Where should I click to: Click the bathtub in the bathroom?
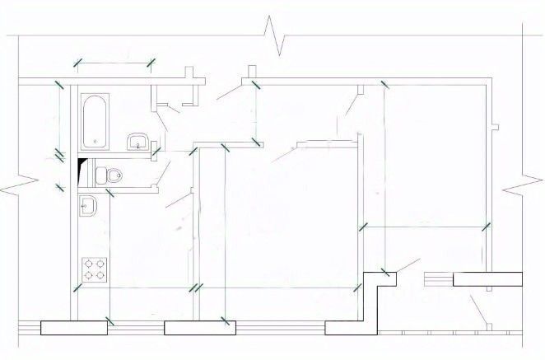click(x=95, y=119)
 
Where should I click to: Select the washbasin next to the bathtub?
click(x=137, y=142)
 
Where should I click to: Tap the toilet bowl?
click(x=110, y=175)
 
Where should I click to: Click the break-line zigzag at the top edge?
click(x=273, y=35)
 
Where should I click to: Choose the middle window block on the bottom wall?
click(x=195, y=327)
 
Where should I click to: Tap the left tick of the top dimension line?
click(x=78, y=62)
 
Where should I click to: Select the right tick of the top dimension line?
click(x=151, y=62)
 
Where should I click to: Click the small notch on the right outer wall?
click(x=495, y=126)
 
